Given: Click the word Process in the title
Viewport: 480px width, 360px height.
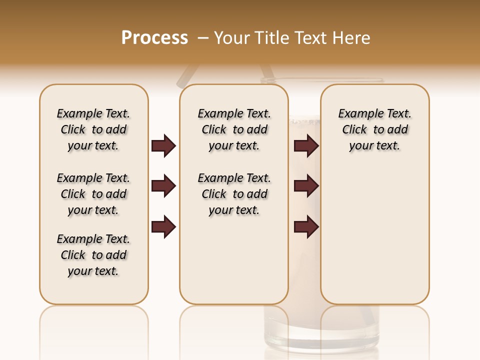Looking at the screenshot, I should click(154, 38).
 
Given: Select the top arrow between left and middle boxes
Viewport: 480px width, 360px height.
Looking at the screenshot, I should click(163, 146).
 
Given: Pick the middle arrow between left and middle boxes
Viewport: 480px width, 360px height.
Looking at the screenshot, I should click(163, 186).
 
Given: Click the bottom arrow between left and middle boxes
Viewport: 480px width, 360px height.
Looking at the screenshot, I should click(163, 226).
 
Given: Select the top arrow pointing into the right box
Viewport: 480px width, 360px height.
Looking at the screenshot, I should click(306, 146).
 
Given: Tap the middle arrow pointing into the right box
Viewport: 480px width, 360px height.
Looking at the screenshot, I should click(306, 186).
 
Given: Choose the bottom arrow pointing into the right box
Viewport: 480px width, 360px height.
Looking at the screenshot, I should click(306, 226).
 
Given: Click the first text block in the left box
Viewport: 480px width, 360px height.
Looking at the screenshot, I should click(93, 129).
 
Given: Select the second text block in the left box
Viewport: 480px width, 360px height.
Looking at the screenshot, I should click(93, 194).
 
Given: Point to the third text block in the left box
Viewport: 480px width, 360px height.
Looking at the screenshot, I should click(93, 255).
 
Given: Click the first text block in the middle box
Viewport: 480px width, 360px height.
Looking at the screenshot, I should click(234, 129).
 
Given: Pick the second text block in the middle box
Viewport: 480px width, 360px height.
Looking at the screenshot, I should click(234, 194).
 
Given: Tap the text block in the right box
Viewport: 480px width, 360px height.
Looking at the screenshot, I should click(374, 129).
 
